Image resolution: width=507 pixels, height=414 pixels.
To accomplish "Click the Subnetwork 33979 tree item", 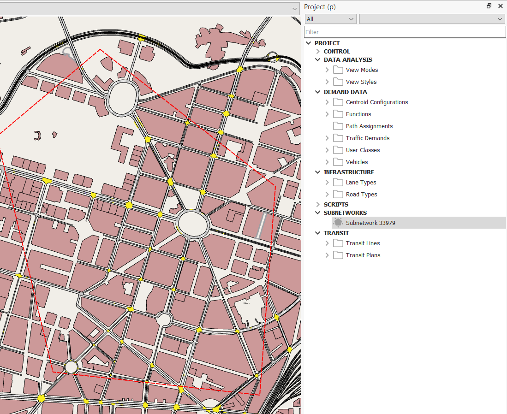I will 370,223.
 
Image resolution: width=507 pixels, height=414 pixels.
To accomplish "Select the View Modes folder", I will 362,70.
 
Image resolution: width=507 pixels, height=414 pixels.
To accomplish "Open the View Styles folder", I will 361,82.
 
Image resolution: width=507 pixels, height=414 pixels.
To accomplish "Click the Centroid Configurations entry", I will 376,102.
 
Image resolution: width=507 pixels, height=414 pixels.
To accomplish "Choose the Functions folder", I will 358,114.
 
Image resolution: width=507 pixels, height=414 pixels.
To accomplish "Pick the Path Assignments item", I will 369,126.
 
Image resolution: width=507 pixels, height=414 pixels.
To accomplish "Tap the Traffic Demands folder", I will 367,138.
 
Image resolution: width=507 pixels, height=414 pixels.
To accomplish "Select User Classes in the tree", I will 363,150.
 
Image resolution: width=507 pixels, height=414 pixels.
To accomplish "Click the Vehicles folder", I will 357,162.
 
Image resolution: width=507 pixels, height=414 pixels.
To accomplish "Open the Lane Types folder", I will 361,183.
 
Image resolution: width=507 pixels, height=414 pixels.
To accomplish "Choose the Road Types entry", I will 361,195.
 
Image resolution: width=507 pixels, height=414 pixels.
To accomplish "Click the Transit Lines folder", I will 363,243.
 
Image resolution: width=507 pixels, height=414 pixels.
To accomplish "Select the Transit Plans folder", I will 363,255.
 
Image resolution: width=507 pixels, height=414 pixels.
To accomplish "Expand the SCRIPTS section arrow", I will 318,205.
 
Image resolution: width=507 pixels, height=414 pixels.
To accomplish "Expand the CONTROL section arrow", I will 318,52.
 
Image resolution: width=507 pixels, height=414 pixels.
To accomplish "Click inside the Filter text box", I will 405,32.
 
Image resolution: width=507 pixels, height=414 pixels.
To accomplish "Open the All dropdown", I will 330,19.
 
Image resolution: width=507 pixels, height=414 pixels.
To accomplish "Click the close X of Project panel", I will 501,6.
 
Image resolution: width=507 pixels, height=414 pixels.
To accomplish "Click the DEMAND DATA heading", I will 345,92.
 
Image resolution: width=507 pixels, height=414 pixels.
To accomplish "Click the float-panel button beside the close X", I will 489,6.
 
